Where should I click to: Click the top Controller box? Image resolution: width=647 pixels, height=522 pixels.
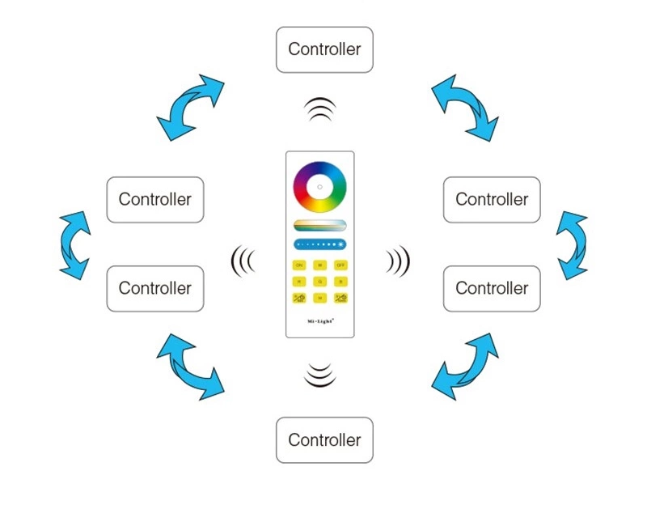click(x=324, y=49)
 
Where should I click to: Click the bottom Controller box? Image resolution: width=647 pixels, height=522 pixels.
click(x=324, y=440)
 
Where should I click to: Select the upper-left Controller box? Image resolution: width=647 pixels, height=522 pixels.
click(x=154, y=199)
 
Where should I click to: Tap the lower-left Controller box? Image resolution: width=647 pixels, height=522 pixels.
click(x=154, y=288)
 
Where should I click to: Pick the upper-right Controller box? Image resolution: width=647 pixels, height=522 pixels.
click(x=492, y=199)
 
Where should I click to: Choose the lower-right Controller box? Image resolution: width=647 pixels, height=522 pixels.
click(x=492, y=288)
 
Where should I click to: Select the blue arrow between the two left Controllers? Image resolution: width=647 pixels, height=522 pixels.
click(x=74, y=245)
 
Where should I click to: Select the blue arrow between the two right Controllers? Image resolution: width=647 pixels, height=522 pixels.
click(x=573, y=245)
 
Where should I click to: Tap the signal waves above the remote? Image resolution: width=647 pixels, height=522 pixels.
click(x=320, y=109)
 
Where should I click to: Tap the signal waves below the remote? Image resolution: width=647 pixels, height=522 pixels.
click(x=320, y=375)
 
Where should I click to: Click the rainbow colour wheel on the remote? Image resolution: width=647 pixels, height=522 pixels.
click(x=319, y=188)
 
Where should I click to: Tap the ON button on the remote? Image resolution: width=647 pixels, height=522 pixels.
click(x=298, y=265)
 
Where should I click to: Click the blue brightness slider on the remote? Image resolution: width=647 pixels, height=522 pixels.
click(x=319, y=244)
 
